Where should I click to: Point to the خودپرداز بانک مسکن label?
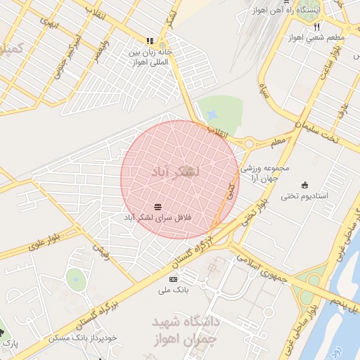pos(79,338)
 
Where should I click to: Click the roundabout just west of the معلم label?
pos(249,143)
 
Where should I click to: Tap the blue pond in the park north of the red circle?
pos(213,114)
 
